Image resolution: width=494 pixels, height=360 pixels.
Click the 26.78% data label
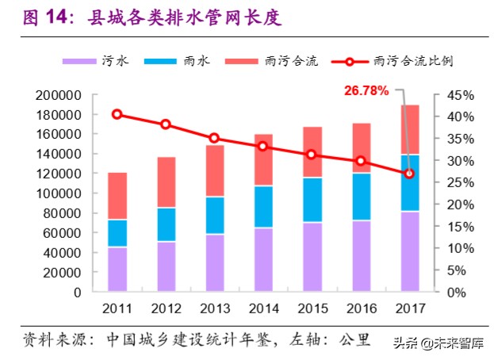pos(366,90)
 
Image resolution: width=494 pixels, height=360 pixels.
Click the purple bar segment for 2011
pos(117,270)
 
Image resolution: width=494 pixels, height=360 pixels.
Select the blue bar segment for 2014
pos(264,207)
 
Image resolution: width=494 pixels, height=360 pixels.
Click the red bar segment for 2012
pos(166,182)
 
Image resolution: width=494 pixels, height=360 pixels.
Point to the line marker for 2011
pos(117,114)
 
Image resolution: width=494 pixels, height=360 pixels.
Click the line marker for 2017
pos(409,174)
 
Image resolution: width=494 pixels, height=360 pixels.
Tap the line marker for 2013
pos(214,138)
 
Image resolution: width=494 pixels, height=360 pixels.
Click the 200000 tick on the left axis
pos(59,95)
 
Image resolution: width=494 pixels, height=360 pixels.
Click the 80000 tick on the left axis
pos(63,213)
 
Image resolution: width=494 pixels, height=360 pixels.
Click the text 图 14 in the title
pos(42,15)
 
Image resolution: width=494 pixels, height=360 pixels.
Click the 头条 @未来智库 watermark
pos(438,343)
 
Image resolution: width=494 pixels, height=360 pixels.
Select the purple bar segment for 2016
pos(361,256)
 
